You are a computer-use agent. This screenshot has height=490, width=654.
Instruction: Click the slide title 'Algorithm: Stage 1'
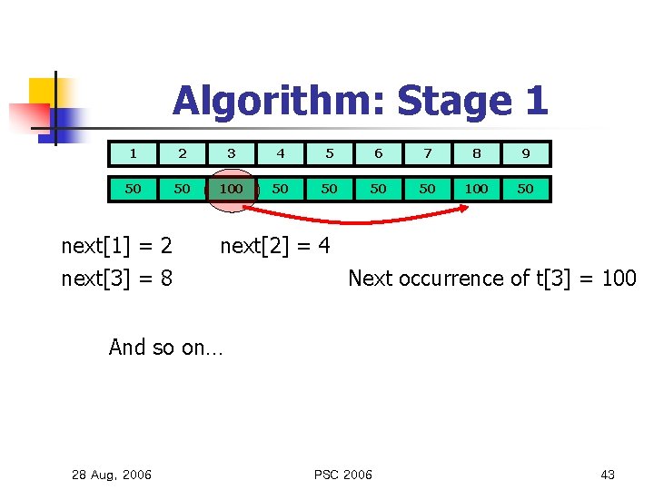pos(360,101)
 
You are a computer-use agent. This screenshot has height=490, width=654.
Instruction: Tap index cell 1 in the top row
pos(133,153)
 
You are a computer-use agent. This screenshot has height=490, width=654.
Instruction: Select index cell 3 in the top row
pos(231,153)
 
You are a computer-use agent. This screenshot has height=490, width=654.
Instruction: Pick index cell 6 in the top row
pos(378,153)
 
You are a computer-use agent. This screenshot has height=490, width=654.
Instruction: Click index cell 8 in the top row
pos(476,153)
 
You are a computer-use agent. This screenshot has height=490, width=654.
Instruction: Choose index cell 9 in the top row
pos(525,153)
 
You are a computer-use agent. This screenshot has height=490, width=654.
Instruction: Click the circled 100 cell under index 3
pos(231,189)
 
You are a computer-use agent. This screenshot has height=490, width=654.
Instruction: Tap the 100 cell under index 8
pos(476,189)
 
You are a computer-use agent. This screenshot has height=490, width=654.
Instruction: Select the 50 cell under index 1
pos(133,189)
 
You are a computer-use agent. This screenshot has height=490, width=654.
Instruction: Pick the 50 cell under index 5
pos(329,189)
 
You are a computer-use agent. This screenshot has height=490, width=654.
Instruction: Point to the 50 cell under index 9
pos(525,189)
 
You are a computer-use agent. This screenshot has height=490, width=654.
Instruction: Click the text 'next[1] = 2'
pos(116,246)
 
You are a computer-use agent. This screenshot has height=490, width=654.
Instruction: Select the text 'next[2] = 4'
pos(275,246)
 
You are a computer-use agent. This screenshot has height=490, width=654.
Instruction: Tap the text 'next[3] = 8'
pos(116,278)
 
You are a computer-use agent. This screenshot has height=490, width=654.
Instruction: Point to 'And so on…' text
pos(164,347)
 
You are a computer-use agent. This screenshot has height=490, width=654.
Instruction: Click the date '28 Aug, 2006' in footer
pos(112,475)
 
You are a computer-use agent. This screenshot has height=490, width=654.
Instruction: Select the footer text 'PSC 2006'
pos(342,475)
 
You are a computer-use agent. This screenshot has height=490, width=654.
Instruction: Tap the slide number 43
pos(608,475)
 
